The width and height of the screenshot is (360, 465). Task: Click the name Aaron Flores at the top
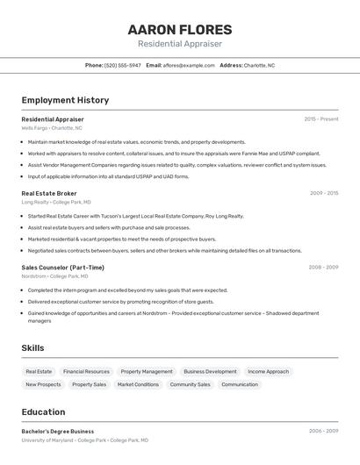[180, 29]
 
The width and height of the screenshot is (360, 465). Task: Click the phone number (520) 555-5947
[122, 65]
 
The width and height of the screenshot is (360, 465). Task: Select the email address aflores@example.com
[189, 65]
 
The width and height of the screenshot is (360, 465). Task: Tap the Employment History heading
[65, 100]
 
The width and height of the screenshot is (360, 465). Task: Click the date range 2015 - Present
[321, 119]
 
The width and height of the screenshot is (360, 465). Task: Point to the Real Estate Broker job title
[49, 193]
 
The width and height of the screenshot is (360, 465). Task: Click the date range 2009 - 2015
[324, 193]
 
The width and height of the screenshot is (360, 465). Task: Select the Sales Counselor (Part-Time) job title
[62, 268]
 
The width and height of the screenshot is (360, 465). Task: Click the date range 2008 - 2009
[323, 268]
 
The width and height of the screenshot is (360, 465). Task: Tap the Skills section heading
[32, 348]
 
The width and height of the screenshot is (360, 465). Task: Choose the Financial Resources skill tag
[86, 372]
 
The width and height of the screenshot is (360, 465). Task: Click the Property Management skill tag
[147, 372]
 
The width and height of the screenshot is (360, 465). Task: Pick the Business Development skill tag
[210, 372]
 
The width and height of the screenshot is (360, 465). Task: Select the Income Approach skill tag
[268, 372]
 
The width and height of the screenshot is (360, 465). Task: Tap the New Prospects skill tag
[43, 384]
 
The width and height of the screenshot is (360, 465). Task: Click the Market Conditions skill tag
[138, 384]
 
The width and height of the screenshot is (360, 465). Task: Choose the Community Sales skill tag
[190, 384]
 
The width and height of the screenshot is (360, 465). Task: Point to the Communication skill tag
[240, 384]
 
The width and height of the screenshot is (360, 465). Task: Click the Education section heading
[43, 412]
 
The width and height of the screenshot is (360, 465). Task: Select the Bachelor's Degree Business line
[57, 432]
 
